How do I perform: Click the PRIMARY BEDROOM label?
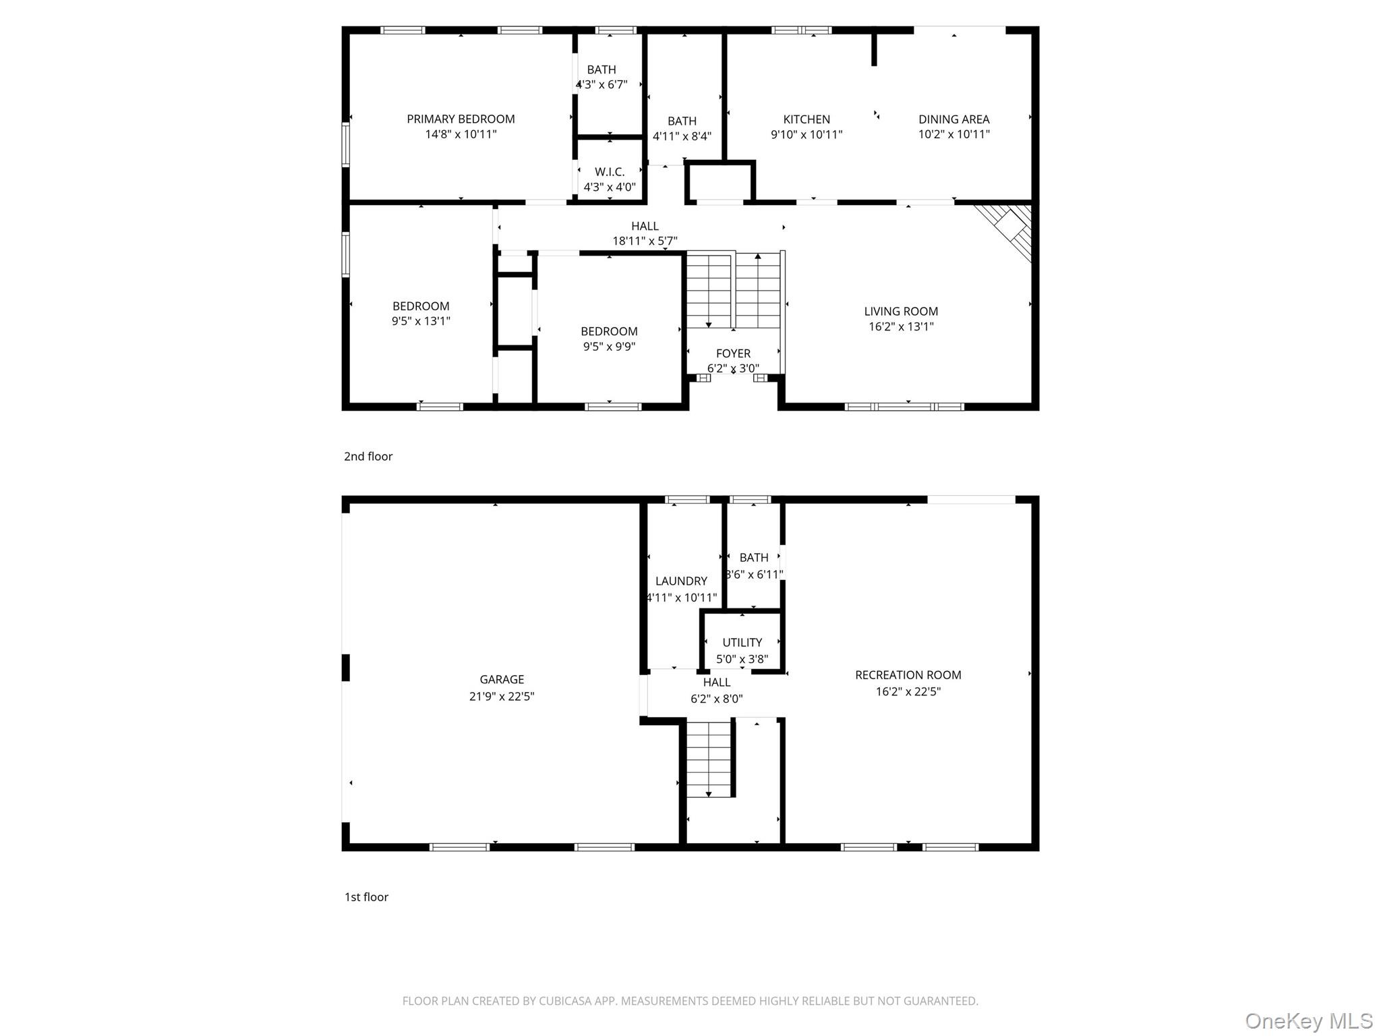pyautogui.click(x=461, y=119)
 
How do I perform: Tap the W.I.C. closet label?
pyautogui.click(x=610, y=172)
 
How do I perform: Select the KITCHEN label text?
pyautogui.click(x=806, y=119)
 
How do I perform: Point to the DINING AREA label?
pyautogui.click(x=953, y=119)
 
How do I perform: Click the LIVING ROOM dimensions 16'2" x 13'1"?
pyautogui.click(x=901, y=326)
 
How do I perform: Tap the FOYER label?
pyautogui.click(x=733, y=353)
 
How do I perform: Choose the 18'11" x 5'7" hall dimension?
pyautogui.click(x=645, y=241)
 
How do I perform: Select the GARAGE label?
pyautogui.click(x=502, y=679)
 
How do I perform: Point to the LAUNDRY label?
pyautogui.click(x=681, y=581)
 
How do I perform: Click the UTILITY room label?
pyautogui.click(x=742, y=642)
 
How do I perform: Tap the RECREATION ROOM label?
pyautogui.click(x=908, y=674)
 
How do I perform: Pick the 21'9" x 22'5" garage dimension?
pyautogui.click(x=502, y=696)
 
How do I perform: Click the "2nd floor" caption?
pyautogui.click(x=368, y=456)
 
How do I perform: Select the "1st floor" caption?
pyautogui.click(x=366, y=896)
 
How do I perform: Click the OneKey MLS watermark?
pyautogui.click(x=1308, y=1020)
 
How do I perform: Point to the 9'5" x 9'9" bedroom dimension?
pyautogui.click(x=609, y=347)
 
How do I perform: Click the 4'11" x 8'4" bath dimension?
pyautogui.click(x=682, y=136)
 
